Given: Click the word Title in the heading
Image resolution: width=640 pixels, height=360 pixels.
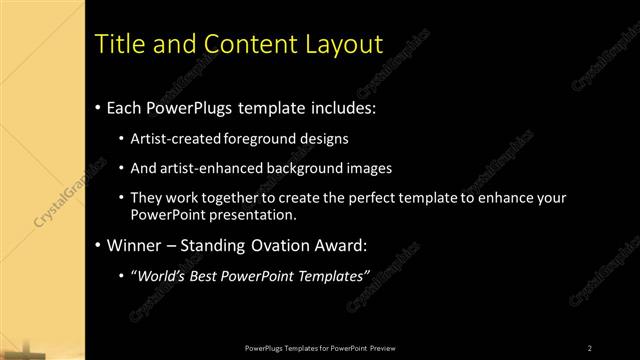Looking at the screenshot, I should [117, 45].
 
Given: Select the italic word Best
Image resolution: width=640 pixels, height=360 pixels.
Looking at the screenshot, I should [213, 275].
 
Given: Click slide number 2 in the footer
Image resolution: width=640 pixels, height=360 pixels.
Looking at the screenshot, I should [590, 347].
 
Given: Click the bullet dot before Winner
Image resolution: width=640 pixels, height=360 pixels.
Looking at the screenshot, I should [97, 245].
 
